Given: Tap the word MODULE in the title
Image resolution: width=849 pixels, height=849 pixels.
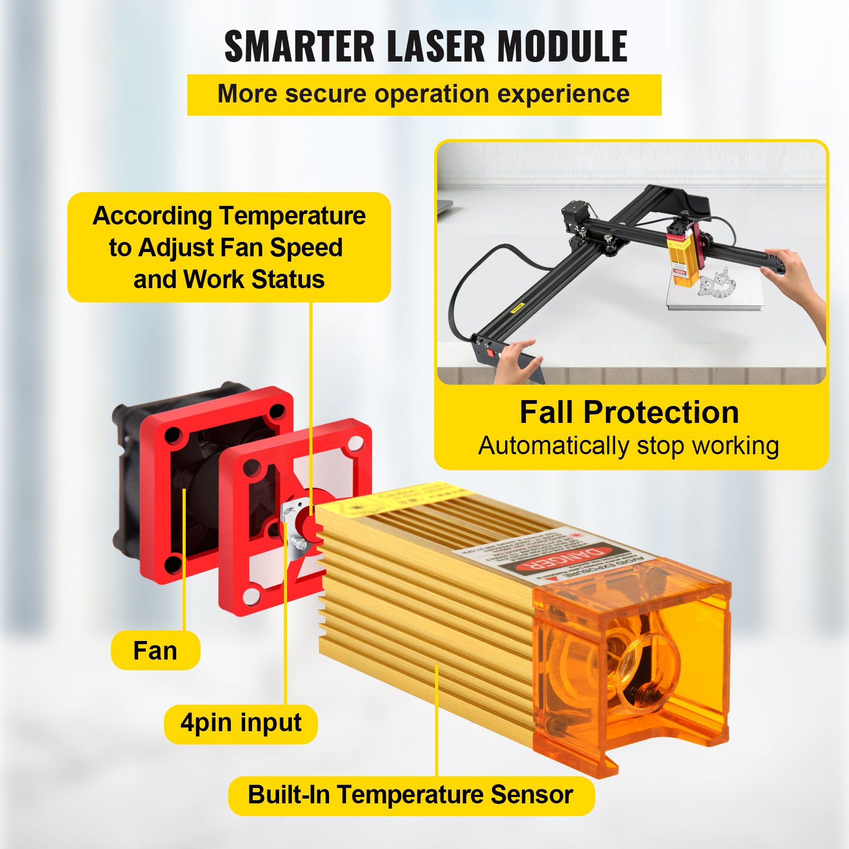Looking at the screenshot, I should pos(562,46).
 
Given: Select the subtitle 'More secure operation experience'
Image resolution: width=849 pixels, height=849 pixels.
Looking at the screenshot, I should pos(423,94).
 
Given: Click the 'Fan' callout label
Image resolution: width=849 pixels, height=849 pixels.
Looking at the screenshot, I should pos(155,651).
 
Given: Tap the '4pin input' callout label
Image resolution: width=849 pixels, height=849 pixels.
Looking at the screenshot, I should pos(241,723).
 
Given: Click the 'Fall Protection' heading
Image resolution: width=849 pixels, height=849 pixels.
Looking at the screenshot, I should pos(629,412).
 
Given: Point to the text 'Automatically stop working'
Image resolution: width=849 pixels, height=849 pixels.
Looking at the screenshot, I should pos(629,446).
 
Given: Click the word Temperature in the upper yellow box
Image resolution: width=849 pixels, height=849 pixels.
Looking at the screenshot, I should pos(292,216).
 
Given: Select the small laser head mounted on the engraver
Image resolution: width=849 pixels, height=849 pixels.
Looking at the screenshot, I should pos(682,252).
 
